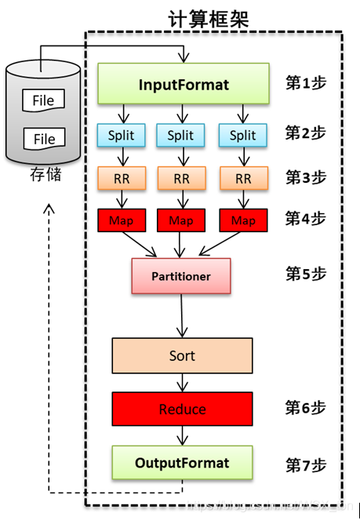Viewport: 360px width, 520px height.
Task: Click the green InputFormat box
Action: (184, 85)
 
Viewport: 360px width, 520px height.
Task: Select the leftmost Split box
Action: (121, 135)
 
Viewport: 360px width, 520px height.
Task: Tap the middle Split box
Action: (182, 135)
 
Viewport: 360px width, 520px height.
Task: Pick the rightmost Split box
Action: (242, 135)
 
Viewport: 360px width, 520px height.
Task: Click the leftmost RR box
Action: (121, 178)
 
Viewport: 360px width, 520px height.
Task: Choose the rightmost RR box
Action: (242, 178)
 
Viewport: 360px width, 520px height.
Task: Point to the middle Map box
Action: (182, 220)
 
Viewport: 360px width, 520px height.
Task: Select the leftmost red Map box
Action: (121, 220)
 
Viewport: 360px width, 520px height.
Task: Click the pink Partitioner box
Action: (182, 276)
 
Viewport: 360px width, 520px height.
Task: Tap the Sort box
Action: (182, 355)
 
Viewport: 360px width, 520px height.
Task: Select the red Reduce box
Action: (182, 409)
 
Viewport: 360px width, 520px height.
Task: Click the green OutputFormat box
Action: (182, 463)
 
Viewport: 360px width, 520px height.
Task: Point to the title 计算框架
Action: (209, 19)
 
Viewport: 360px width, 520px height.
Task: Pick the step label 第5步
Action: (305, 274)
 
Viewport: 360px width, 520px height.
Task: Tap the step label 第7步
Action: (305, 464)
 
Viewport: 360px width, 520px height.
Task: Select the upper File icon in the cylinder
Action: (44, 101)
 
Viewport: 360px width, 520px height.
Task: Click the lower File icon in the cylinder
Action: (44, 139)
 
